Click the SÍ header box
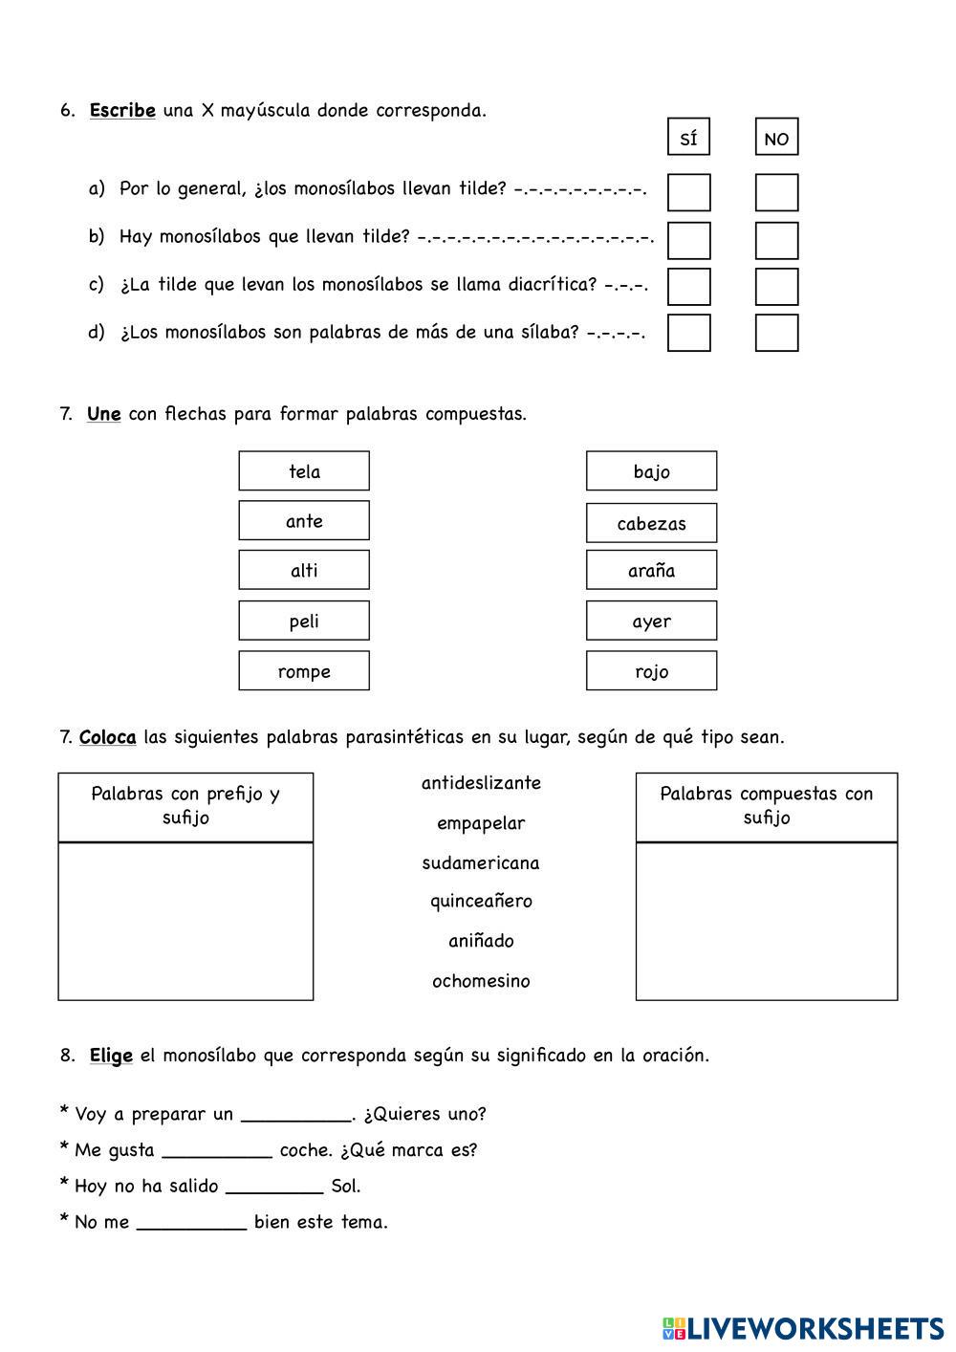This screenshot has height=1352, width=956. (x=688, y=137)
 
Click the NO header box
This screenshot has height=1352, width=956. (x=776, y=137)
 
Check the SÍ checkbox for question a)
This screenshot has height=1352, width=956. (x=688, y=192)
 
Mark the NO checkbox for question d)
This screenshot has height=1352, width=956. (x=776, y=333)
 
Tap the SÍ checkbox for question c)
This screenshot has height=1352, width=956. (x=688, y=286)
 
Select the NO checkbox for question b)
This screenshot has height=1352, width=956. (x=776, y=240)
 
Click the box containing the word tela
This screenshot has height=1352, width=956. (x=304, y=471)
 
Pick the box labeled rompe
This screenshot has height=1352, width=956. (x=304, y=671)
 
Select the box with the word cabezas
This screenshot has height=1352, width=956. (x=651, y=523)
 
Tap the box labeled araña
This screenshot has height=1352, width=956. (x=651, y=571)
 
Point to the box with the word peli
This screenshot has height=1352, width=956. (x=304, y=621)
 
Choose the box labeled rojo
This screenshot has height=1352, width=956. (x=651, y=671)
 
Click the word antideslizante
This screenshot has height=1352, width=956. (x=481, y=783)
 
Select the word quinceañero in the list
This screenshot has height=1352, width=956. (x=481, y=902)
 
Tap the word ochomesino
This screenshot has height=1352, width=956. (x=481, y=981)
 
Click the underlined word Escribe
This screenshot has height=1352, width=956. (x=122, y=110)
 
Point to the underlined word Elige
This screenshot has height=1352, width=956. (x=111, y=1056)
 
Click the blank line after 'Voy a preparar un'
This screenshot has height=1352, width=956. (x=296, y=1116)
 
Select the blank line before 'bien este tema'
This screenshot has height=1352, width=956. (x=191, y=1224)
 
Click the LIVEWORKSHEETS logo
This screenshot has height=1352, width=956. (x=803, y=1328)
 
